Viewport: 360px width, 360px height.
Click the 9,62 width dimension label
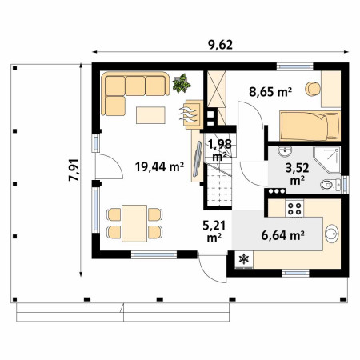(x=220, y=45)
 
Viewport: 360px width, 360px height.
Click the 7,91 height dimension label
(x=74, y=170)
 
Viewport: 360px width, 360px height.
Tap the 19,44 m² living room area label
(x=159, y=166)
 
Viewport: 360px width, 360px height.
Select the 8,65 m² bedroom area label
(x=270, y=92)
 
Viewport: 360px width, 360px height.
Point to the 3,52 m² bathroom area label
(x=298, y=174)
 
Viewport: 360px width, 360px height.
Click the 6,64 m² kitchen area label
(x=282, y=235)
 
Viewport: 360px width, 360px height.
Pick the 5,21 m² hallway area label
(x=214, y=231)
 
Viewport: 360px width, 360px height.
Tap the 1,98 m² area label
(x=220, y=150)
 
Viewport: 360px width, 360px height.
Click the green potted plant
(x=182, y=83)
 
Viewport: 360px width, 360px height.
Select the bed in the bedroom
(x=310, y=126)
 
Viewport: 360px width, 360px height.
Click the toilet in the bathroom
(x=330, y=185)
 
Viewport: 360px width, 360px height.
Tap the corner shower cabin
(x=327, y=159)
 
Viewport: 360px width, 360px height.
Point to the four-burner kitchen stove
(x=294, y=209)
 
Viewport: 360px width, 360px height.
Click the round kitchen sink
(x=332, y=234)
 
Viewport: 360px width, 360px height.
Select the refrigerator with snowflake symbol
(x=244, y=259)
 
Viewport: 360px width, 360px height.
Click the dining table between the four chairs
(x=134, y=223)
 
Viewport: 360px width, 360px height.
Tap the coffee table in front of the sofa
(x=150, y=115)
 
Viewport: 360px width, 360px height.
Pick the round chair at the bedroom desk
(x=312, y=89)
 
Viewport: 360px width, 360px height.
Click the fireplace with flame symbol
(x=194, y=114)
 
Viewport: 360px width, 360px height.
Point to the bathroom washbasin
(x=284, y=152)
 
